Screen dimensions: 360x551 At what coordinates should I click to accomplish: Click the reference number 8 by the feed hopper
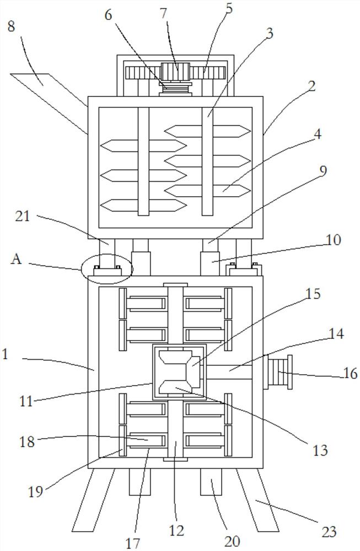pos(11,26)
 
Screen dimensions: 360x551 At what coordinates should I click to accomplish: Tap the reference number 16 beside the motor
pos(350,372)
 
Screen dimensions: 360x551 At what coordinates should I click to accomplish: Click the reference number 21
pos(22,216)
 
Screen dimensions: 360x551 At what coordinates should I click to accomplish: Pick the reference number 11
pos(26,401)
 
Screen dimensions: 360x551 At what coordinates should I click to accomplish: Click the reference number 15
pos(313,294)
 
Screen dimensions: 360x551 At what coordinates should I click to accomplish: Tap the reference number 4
pos(317,134)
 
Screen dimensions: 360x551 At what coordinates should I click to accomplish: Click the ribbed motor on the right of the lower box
pos(278,372)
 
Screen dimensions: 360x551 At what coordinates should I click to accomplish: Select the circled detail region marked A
pos(107,268)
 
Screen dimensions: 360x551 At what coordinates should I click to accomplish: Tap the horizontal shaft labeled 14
pos(229,372)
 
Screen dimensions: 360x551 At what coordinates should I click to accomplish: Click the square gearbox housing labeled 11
pos(179,372)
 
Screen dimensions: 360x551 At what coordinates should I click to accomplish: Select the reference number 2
pos(311,86)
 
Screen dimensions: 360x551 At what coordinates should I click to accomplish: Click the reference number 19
pos(35,491)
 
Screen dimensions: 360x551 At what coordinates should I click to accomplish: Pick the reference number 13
pos(320,450)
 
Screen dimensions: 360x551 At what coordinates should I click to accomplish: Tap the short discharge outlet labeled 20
pos(211,482)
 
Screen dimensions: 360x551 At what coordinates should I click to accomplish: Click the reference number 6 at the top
pos(108,15)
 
